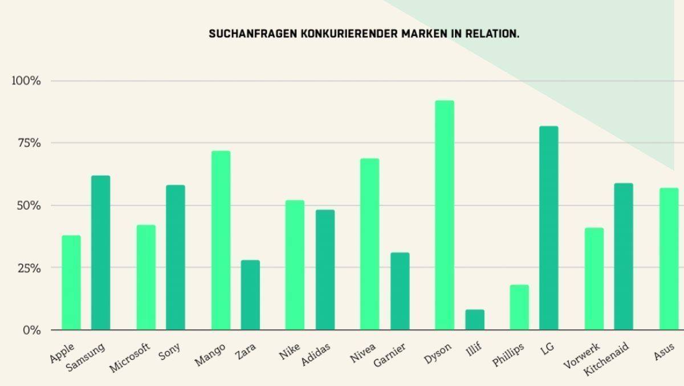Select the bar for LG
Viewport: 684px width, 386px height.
point(548,228)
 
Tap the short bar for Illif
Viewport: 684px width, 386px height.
point(474,320)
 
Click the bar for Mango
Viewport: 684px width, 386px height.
point(221,240)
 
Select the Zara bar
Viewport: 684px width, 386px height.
point(250,295)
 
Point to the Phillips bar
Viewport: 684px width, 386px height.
point(519,307)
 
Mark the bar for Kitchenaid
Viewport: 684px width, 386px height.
point(623,257)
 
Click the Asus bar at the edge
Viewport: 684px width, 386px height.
point(670,259)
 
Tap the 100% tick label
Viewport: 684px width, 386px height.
point(26,81)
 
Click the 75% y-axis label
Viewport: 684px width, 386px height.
point(28,143)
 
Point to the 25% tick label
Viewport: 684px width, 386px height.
point(28,268)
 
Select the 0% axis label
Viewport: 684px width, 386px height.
point(31,330)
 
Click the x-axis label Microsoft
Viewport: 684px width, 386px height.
point(130,357)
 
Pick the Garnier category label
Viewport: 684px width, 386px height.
point(390,356)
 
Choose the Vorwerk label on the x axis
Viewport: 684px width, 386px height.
point(581,356)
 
